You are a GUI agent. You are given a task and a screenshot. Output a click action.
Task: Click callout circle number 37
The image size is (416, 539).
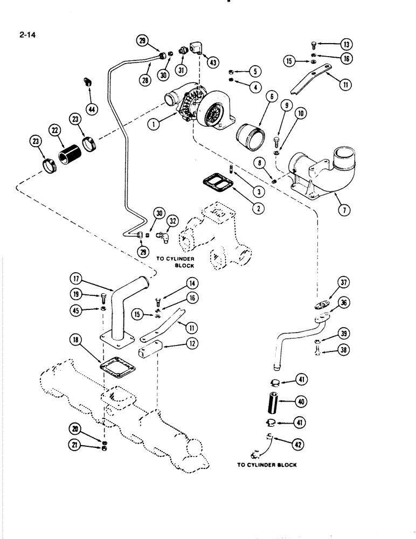click(344, 282)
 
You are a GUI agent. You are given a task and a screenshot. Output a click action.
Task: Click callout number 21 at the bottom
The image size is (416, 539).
click(74, 445)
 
